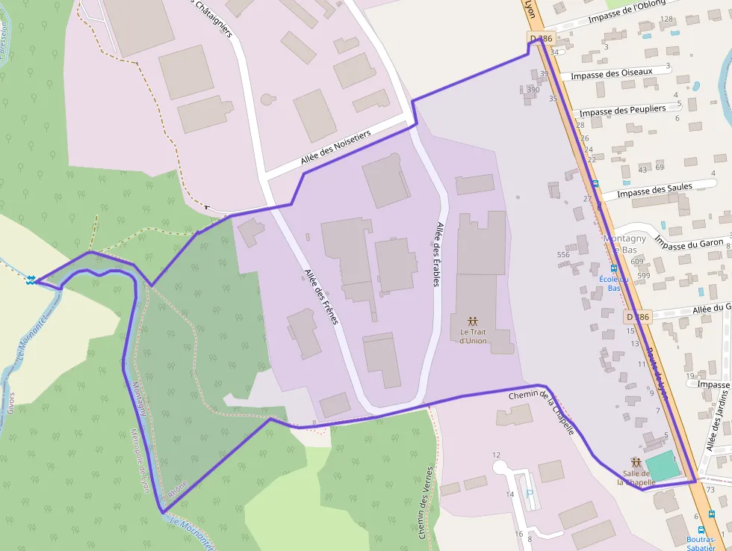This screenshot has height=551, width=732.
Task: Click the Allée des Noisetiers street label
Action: point(335,147)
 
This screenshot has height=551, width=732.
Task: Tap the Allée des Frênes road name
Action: point(322,296)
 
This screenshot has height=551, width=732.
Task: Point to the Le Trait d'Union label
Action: point(473,336)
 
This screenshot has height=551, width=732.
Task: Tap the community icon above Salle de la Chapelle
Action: point(636,462)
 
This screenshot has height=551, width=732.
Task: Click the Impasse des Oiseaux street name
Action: point(611,74)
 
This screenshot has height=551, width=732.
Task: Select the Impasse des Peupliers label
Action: point(622,110)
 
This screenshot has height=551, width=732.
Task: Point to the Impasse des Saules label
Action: point(654,191)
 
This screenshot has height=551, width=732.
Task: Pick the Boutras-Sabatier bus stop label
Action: point(701,543)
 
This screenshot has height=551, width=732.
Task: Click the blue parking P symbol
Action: point(530,494)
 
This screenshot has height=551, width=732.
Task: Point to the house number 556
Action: point(563,255)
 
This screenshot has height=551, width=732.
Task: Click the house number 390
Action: point(533,90)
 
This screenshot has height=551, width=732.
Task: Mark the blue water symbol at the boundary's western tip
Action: point(31,280)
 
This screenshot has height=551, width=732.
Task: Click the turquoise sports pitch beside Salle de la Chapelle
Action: point(663,465)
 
